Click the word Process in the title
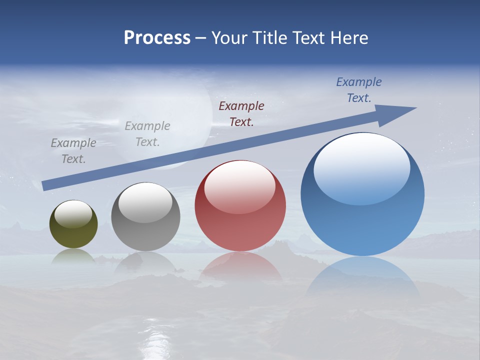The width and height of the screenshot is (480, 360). pos(157,38)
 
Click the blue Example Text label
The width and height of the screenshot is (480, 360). pos(359,90)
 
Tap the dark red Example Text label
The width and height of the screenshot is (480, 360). pos(241,113)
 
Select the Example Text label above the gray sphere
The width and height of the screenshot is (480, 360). pos(147,133)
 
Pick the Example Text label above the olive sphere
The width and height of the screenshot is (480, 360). pos(73,150)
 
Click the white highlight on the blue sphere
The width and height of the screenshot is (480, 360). pos(362,167)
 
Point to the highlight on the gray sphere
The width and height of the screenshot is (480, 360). pos(145,202)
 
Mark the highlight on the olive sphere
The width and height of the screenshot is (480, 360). pos(73,213)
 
